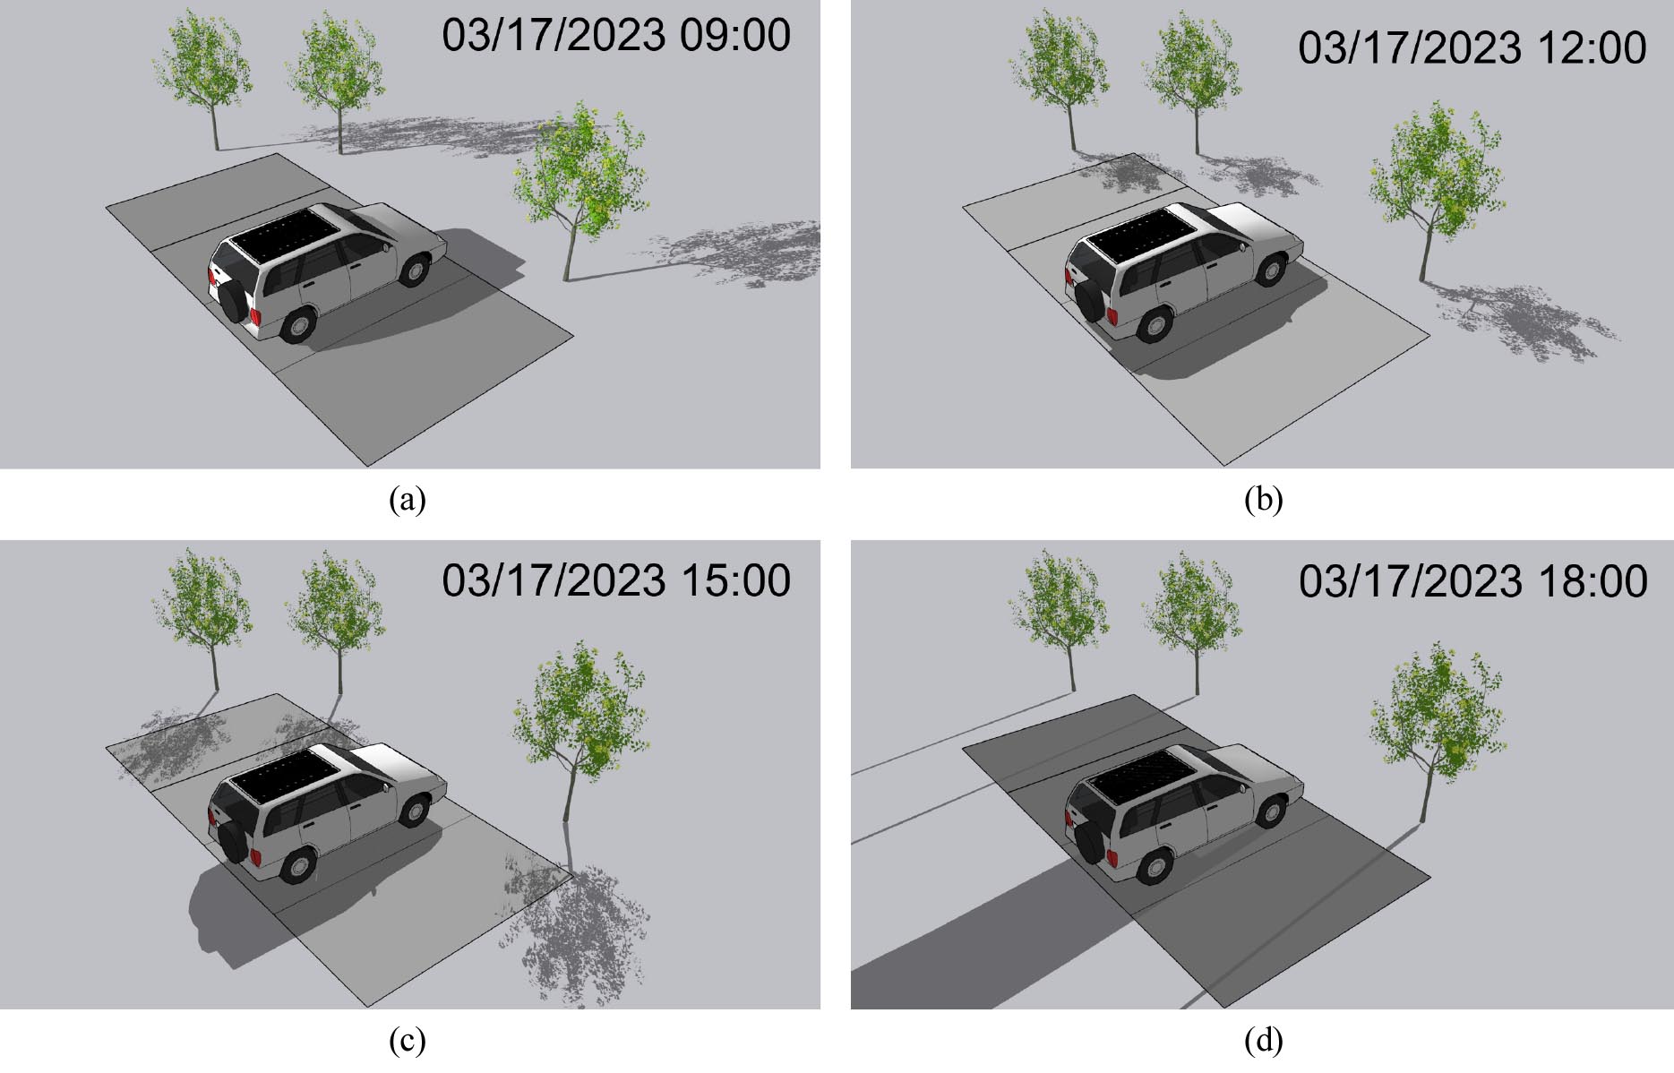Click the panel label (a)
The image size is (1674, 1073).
point(408,499)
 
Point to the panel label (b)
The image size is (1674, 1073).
point(1264,499)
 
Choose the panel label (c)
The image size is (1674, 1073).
point(408,1040)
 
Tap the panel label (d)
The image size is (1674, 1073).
point(1264,1040)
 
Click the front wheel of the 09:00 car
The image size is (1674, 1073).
point(414,269)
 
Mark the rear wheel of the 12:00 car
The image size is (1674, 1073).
point(1155,325)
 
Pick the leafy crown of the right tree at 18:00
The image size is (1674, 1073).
point(1438,716)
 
